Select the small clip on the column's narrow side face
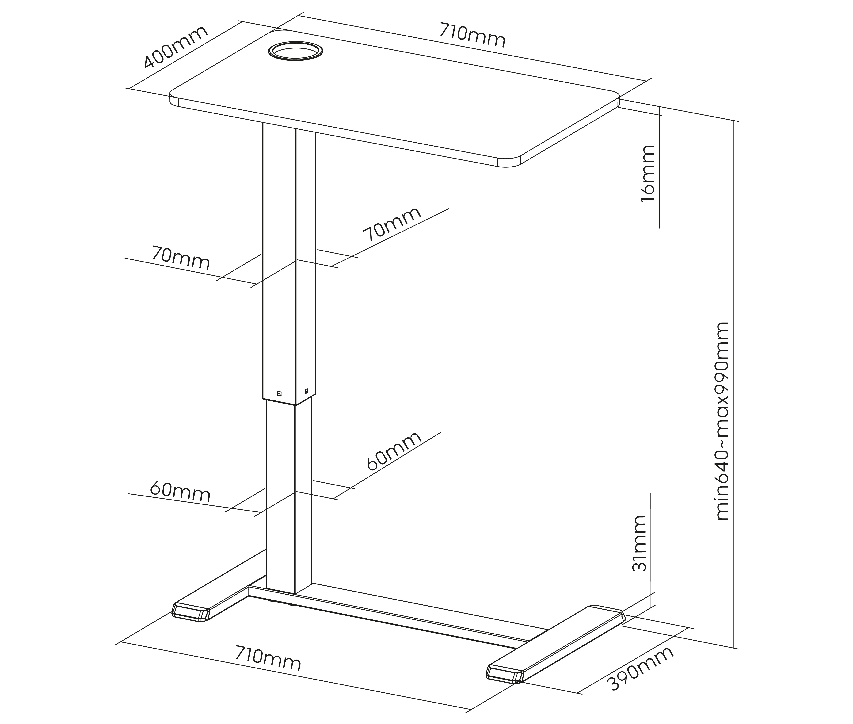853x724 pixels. pos(306,391)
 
